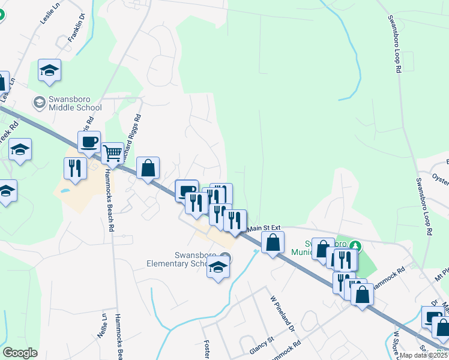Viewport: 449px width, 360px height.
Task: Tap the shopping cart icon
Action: click(x=112, y=154)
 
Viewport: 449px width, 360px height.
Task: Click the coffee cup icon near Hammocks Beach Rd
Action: click(x=89, y=142)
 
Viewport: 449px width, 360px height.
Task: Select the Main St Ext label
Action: click(x=264, y=227)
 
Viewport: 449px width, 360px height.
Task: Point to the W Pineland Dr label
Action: click(x=282, y=314)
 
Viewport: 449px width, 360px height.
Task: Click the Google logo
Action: click(x=20, y=353)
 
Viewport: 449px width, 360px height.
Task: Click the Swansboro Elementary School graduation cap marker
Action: click(x=218, y=268)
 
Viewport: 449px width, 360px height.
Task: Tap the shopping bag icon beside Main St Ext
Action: click(x=273, y=244)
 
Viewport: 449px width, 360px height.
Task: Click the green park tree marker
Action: click(x=355, y=245)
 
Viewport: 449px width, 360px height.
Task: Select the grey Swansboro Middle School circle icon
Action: click(x=39, y=102)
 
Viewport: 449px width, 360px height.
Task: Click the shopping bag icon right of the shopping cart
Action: click(x=148, y=169)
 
